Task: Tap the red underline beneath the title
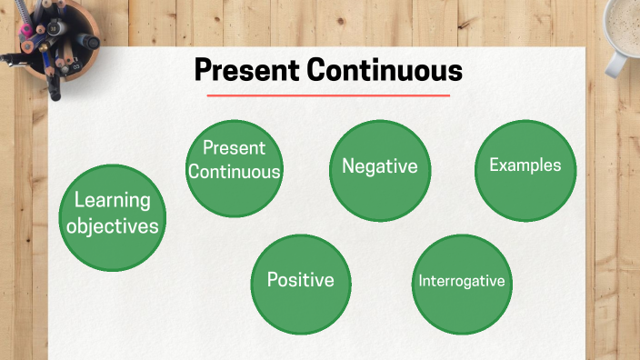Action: (x=328, y=95)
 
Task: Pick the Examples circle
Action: (x=526, y=170)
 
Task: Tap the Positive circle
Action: (x=300, y=284)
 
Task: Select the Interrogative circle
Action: (x=461, y=284)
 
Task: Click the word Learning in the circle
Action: (x=112, y=200)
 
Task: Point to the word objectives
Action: (x=112, y=225)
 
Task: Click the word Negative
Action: (x=379, y=166)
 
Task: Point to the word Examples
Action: (x=525, y=165)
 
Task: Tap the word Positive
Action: (x=300, y=280)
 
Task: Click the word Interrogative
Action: (x=461, y=281)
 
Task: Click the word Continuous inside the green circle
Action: (x=235, y=171)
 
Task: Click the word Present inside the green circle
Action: (x=234, y=147)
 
